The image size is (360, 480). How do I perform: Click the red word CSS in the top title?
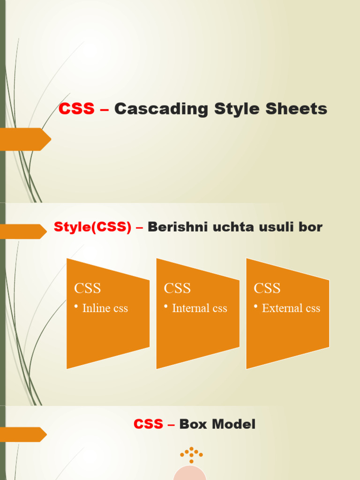tap(76, 109)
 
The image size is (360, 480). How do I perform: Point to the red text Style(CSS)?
tap(93, 227)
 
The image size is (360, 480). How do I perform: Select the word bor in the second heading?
tap(311, 227)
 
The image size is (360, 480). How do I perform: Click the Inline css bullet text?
tap(105, 308)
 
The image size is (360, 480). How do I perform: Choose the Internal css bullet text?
tap(199, 308)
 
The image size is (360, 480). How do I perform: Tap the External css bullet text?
tap(291, 308)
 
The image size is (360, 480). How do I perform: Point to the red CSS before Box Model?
tap(148, 425)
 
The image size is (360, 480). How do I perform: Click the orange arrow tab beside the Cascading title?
tap(25, 139)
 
